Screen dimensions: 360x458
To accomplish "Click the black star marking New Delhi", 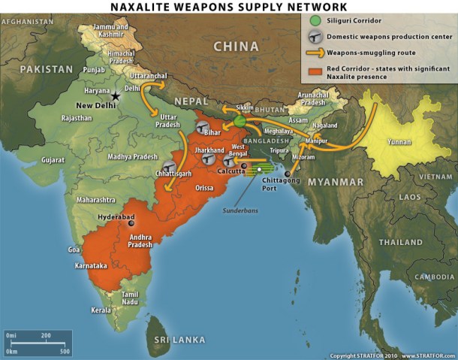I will (116, 96).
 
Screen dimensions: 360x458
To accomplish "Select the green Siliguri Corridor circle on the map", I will (240, 120).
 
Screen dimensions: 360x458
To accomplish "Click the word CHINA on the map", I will (237, 47).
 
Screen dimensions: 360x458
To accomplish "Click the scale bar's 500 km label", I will (65, 351).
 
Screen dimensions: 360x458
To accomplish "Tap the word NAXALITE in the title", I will (142, 7).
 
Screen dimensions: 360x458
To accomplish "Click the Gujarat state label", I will (54, 161).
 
